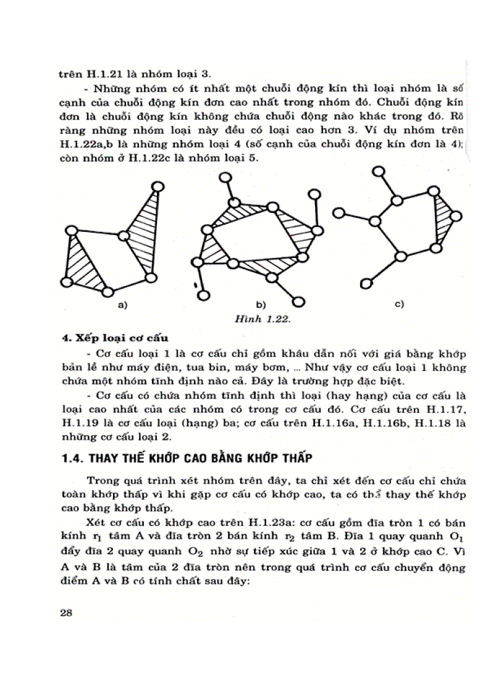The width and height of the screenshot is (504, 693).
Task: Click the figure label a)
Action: point(122,305)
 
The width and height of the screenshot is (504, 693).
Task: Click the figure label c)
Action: point(398,304)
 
